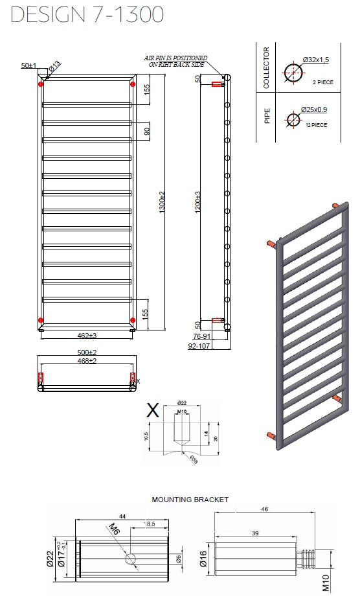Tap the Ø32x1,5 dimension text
pyautogui.click(x=315, y=60)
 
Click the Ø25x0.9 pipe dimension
pyautogui.click(x=314, y=110)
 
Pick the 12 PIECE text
pyautogui.click(x=316, y=124)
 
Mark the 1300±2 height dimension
pyautogui.click(x=162, y=203)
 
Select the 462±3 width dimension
pyautogui.click(x=86, y=336)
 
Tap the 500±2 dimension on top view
pyautogui.click(x=87, y=352)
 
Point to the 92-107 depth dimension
pyautogui.click(x=200, y=346)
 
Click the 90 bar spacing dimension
pyautogui.click(x=147, y=131)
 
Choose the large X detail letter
pyautogui.click(x=153, y=410)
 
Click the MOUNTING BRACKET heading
pyautogui.click(x=190, y=500)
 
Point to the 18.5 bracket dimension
pyautogui.click(x=148, y=523)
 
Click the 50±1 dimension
pyautogui.click(x=28, y=65)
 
